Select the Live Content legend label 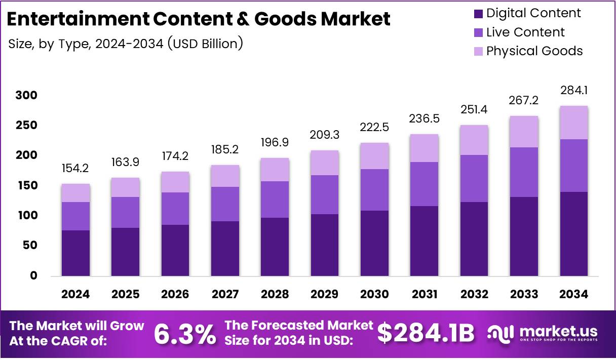click(525, 32)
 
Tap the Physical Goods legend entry click(534, 51)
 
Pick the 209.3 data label click(325, 136)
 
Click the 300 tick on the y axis click(27, 96)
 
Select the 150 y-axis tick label click(27, 186)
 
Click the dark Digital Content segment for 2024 click(76, 253)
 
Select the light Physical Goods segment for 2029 click(325, 163)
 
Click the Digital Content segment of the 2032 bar click(474, 239)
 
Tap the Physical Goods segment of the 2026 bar click(175, 182)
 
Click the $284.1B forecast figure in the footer click(426, 334)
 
